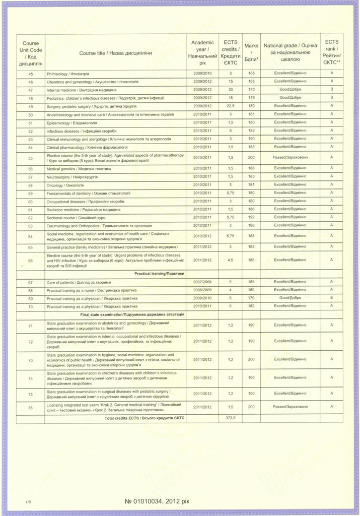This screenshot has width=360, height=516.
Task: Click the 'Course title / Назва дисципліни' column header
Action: tap(115, 53)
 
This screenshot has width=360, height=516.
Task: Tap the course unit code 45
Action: tap(31, 74)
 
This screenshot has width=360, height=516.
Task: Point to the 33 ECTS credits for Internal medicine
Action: tap(231, 90)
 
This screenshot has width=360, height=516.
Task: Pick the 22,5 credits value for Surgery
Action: tap(231, 106)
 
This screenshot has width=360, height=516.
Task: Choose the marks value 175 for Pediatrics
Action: tap(251, 98)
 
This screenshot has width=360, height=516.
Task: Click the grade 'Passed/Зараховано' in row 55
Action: tap(290, 157)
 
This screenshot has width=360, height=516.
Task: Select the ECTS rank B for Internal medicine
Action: tap(331, 90)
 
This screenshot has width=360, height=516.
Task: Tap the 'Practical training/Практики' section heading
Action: tap(159, 273)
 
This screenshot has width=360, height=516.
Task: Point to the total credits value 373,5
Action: tap(231, 418)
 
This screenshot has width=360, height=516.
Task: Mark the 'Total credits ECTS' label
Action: tap(145, 418)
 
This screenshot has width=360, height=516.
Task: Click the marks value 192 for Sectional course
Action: tap(251, 217)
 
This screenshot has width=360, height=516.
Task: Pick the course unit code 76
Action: tap(31, 407)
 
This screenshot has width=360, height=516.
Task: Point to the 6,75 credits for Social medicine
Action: tap(231, 236)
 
